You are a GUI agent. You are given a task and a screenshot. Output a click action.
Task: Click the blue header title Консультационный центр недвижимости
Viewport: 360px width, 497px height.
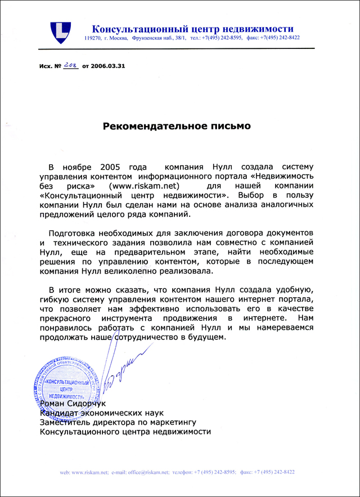[x=193, y=29]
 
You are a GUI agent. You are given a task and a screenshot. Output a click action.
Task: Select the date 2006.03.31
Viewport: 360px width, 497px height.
[x=108, y=66]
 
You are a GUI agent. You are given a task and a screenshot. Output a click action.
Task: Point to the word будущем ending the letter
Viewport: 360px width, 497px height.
[x=208, y=337]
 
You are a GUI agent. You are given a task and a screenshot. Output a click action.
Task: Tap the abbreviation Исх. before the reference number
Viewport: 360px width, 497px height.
[x=47, y=66]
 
